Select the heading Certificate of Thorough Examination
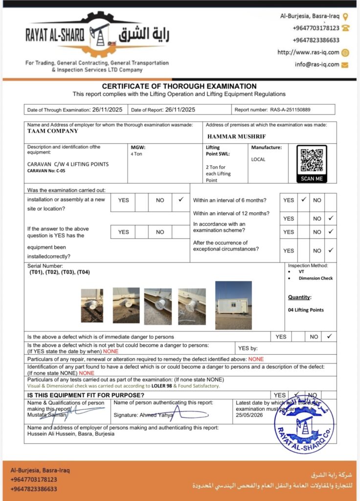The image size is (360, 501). (179, 86)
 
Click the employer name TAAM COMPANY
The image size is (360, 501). (53, 131)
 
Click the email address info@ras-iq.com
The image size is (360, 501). (316, 64)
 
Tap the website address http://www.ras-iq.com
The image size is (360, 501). (308, 52)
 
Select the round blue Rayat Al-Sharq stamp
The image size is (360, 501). (304, 424)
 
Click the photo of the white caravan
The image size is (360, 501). (233, 305)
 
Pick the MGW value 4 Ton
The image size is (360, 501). (137, 154)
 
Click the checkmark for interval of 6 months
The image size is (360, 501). (304, 200)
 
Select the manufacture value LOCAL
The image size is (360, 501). (258, 159)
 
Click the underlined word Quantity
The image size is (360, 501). (299, 297)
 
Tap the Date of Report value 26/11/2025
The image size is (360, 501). (180, 110)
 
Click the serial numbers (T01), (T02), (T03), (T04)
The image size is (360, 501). (60, 272)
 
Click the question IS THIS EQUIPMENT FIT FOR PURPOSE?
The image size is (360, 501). (86, 395)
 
